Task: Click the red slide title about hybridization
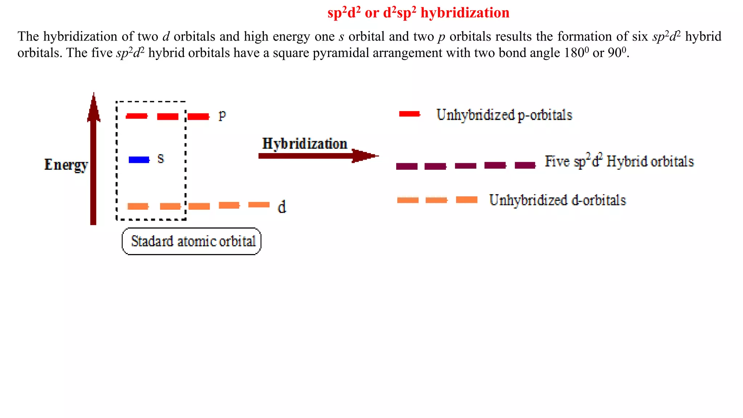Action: [418, 13]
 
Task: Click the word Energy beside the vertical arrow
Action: [66, 165]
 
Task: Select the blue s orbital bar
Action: [139, 160]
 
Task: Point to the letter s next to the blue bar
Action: [161, 159]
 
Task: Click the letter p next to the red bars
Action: [222, 115]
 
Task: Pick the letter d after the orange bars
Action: [282, 207]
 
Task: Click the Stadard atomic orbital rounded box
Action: [192, 241]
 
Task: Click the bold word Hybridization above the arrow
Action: [305, 144]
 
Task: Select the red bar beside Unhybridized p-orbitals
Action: [409, 114]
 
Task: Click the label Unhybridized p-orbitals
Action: [504, 115]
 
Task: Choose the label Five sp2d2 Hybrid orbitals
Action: [619, 161]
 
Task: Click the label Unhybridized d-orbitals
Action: [557, 200]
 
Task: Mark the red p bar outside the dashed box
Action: [198, 116]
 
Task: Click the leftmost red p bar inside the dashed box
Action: [136, 116]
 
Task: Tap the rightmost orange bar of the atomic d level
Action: [259, 205]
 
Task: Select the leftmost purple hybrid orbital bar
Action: [407, 166]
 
